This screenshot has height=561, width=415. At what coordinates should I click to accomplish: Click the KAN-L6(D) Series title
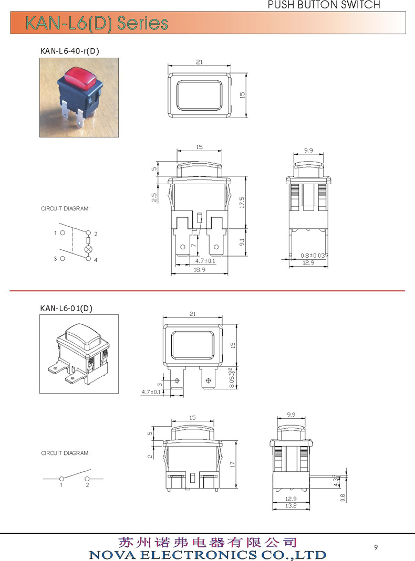tap(97, 23)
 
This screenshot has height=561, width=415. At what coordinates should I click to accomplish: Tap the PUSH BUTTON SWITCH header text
tap(324, 5)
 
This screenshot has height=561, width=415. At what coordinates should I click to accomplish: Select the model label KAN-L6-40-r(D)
tap(70, 51)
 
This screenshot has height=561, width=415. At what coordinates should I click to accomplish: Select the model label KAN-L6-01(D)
tap(66, 308)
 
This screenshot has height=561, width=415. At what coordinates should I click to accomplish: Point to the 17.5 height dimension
tap(242, 203)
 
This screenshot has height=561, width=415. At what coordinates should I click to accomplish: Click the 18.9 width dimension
tap(200, 270)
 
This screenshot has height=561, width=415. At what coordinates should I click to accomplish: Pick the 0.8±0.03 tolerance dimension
tap(312, 256)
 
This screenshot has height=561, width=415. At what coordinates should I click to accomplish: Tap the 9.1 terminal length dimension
tap(242, 242)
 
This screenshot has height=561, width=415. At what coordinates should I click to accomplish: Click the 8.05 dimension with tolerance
tap(232, 378)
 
